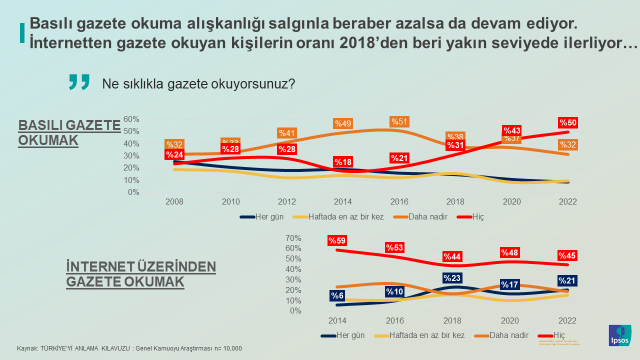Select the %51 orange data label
coord(399,121)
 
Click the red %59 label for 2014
coord(337,240)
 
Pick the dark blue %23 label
coord(452,278)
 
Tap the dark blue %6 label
coord(337,295)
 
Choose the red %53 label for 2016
coord(395,247)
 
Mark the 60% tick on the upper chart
coord(160,119)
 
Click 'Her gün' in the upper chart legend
coord(263,215)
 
